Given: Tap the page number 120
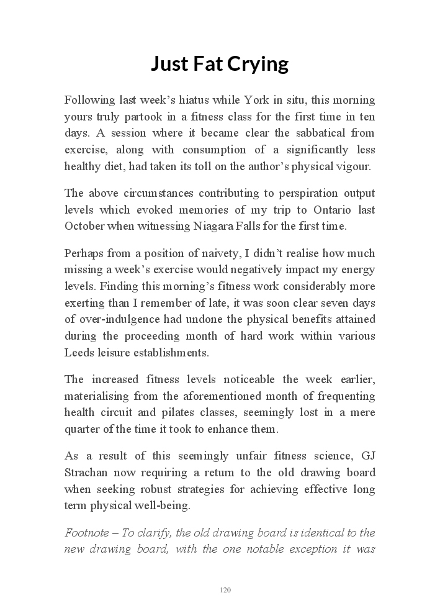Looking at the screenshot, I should (225, 590).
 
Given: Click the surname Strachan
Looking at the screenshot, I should (86, 473).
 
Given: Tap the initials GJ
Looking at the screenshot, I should (367, 456).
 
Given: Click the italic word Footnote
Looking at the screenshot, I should (86, 533).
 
